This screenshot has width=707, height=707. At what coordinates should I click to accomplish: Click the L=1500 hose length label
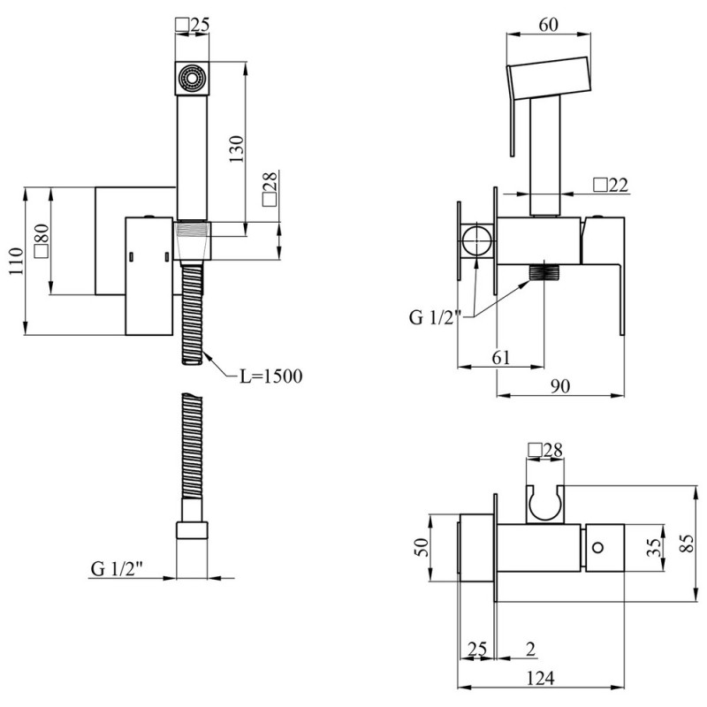pos(270,376)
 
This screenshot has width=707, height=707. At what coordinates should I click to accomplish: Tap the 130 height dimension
pos(236,148)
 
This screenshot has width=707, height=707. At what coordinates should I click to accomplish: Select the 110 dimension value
pos(15,261)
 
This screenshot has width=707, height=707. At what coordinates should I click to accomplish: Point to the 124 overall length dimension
pos(541,678)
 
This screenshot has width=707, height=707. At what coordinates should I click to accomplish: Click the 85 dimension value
pos(687,544)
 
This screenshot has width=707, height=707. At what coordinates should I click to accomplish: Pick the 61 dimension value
pos(500,358)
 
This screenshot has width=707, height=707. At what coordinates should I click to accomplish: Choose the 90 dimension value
pos(560,386)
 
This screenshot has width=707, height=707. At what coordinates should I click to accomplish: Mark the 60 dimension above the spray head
pos(548,25)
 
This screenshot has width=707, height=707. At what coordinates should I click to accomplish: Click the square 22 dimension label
pos(611,185)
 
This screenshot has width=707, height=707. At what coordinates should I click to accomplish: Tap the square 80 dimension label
pos(42,240)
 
